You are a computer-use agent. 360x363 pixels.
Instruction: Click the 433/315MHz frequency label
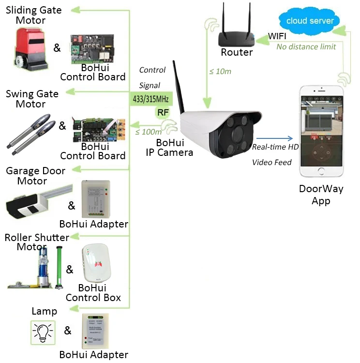151,99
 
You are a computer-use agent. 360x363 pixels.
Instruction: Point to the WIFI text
278,36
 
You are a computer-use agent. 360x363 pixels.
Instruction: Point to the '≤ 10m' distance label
220,72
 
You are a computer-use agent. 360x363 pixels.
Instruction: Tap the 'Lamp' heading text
44,311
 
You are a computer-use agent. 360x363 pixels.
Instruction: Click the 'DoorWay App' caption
321,195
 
